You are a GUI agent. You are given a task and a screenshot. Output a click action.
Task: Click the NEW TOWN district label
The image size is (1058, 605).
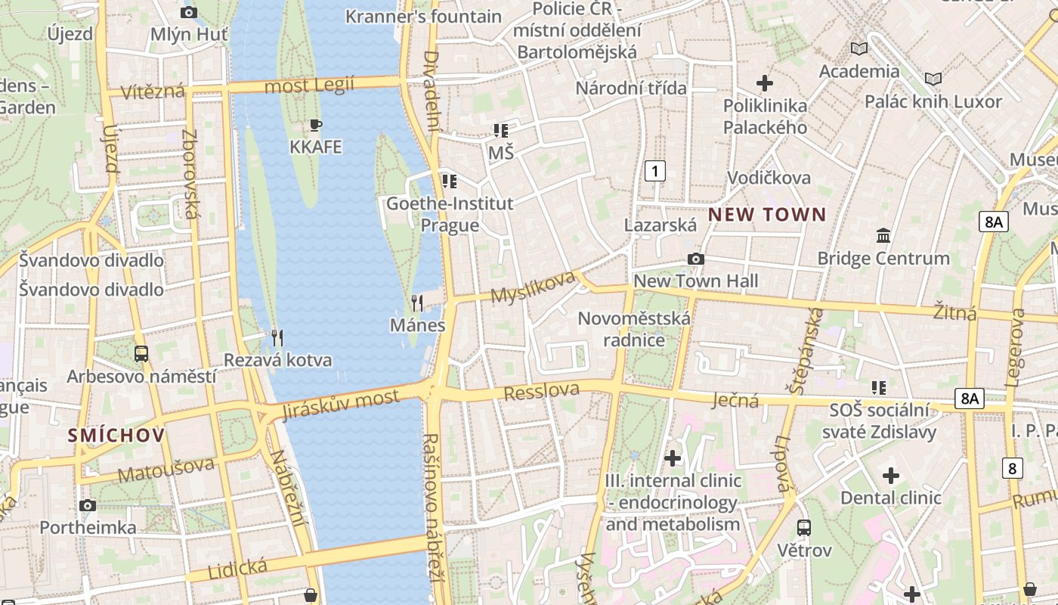[767, 215]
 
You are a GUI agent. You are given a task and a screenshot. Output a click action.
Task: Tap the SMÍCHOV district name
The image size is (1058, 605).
[116, 435]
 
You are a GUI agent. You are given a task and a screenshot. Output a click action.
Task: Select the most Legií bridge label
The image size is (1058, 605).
[309, 85]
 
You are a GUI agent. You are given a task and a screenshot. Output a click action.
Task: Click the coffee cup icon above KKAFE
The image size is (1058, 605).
[316, 125]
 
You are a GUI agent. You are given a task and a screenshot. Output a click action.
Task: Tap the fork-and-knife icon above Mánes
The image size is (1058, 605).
[417, 303]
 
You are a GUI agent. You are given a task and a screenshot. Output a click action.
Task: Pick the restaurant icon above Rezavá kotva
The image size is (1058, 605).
[277, 337]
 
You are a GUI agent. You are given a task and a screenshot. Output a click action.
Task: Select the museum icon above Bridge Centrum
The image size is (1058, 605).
[883, 236]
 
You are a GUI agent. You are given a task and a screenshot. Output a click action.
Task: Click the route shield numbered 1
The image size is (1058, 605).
[655, 171]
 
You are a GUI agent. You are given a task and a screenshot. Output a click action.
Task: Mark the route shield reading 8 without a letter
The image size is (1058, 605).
[1013, 468]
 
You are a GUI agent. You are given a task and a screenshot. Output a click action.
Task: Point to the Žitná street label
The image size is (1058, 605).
[954, 312]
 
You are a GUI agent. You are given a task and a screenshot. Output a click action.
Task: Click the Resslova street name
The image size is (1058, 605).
[541, 392]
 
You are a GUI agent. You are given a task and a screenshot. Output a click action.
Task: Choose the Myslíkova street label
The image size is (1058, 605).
[533, 287]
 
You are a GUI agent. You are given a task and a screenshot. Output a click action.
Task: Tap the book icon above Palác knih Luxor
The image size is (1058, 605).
[933, 79]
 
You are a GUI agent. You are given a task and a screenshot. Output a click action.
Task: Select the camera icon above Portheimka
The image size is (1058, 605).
[88, 505]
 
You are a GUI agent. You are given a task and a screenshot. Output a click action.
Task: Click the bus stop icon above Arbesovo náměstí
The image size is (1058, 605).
[141, 353]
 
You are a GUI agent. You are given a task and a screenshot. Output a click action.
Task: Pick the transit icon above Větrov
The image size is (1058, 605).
[804, 527]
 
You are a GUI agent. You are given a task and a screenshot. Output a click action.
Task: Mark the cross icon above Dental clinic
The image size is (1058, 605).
[891, 476]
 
